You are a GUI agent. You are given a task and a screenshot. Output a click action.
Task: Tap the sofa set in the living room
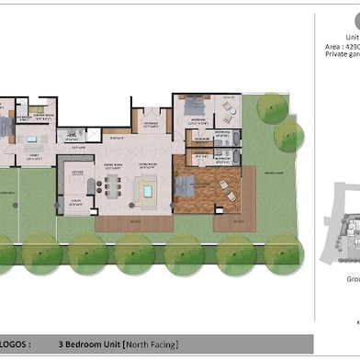point(146,190)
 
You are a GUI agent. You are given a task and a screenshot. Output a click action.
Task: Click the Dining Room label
point(114,165)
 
